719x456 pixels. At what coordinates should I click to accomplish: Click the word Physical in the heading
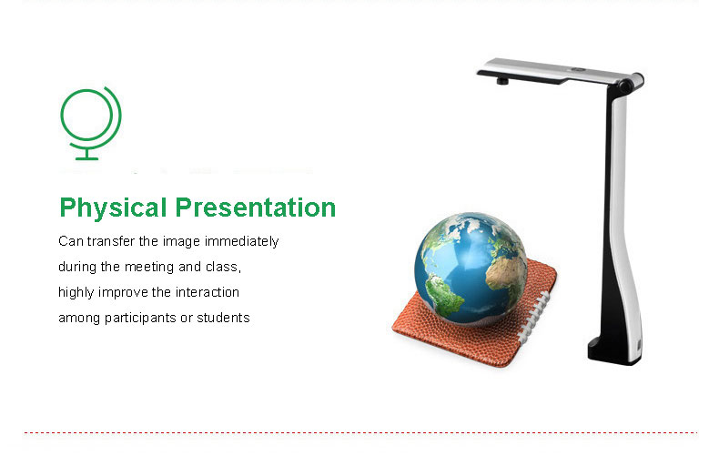point(113,208)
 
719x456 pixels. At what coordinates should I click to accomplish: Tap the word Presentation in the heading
point(256,207)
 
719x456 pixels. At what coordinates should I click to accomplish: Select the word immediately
point(242,242)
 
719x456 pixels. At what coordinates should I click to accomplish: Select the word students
point(223,318)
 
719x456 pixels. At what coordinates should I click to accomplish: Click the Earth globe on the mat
point(471,268)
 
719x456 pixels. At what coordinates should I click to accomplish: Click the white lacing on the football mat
point(534,317)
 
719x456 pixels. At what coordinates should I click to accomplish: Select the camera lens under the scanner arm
point(502,81)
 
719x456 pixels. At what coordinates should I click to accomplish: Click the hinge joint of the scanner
point(632,83)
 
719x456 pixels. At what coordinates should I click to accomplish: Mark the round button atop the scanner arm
point(578,70)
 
